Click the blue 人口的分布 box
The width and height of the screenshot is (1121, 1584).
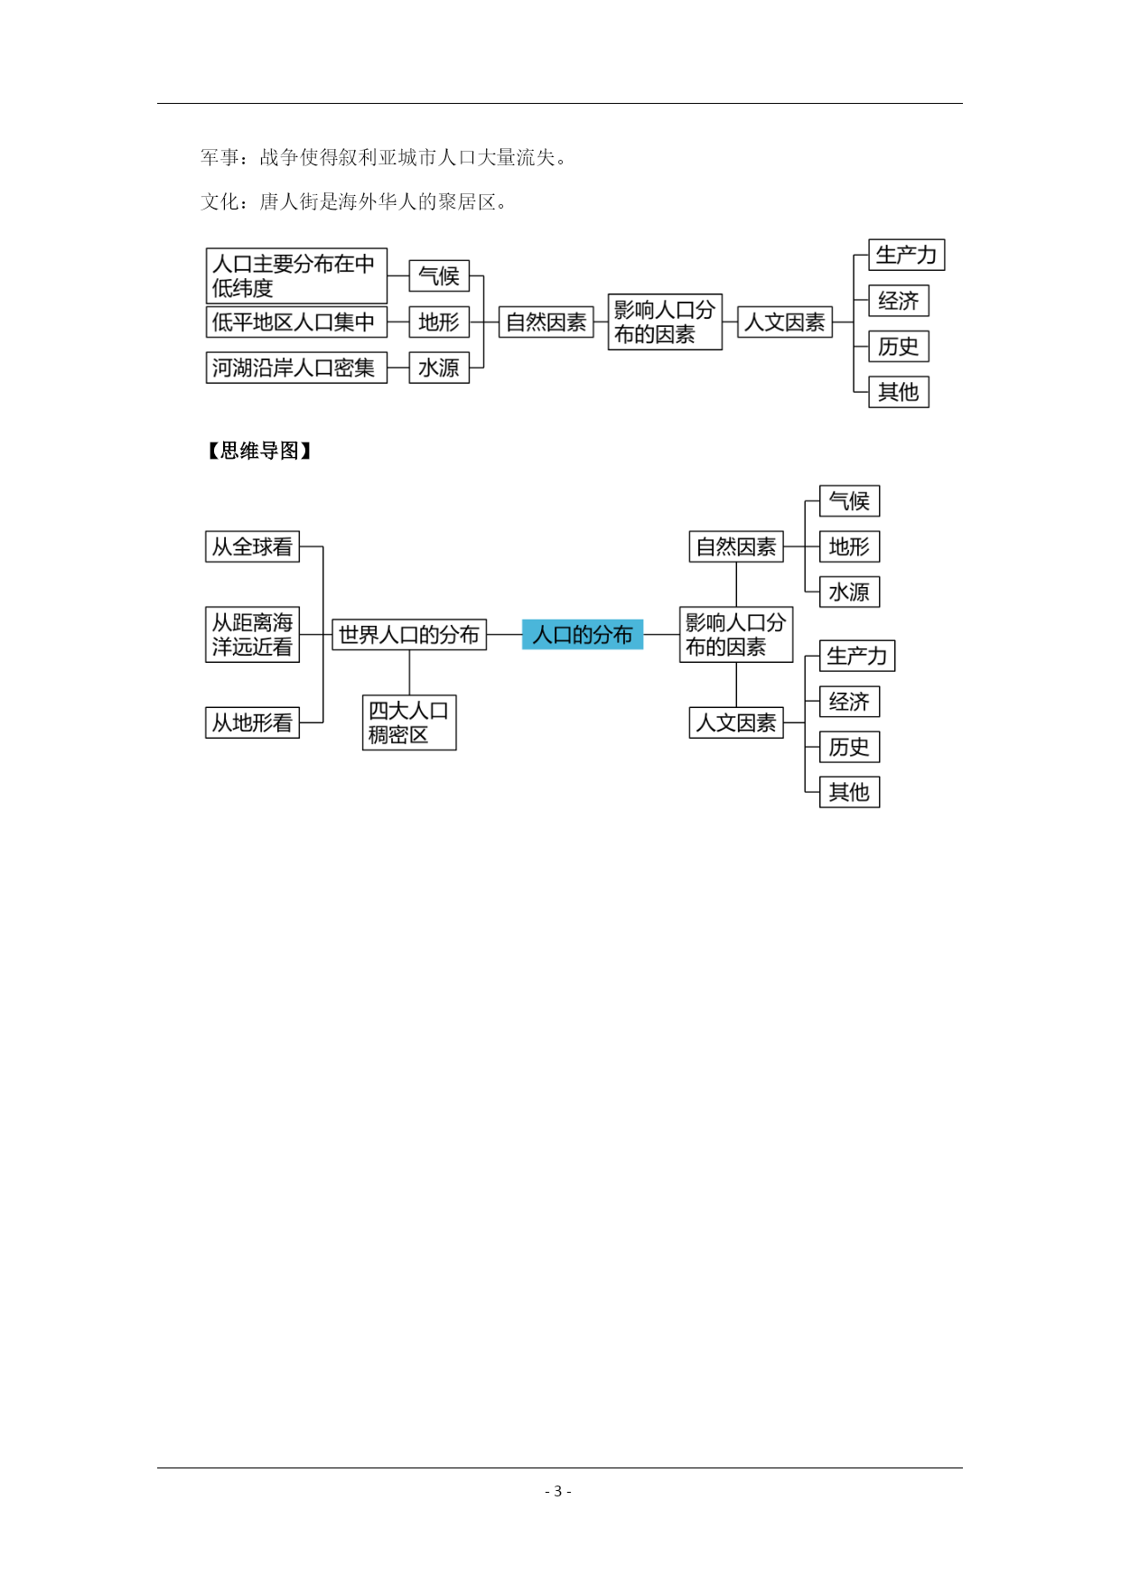coord(583,635)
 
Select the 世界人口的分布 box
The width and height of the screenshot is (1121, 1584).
coord(409,635)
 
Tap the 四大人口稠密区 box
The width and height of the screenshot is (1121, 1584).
coord(409,722)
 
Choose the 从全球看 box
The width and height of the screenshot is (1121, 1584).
coord(252,546)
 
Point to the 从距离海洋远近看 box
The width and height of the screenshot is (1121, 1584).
coord(252,635)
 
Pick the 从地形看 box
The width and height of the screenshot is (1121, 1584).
coord(252,722)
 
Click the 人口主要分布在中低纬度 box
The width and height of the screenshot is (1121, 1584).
coord(296,276)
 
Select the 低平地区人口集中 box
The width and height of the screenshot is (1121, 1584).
coord(296,321)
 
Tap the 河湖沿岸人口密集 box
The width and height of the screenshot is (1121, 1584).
coord(296,368)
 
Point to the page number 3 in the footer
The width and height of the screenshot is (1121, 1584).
coord(557,1491)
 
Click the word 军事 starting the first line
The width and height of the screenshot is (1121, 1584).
coord(220,158)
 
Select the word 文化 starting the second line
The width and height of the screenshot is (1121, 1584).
coord(220,201)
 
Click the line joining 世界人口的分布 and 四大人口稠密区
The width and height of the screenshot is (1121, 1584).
coord(409,673)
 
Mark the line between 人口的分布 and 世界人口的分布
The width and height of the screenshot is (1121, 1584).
coord(504,635)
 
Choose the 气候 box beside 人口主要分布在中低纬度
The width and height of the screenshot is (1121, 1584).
coord(439,276)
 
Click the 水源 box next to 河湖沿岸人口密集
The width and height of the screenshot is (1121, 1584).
coord(439,368)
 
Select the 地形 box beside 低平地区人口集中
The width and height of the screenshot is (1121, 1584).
coord(439,321)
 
